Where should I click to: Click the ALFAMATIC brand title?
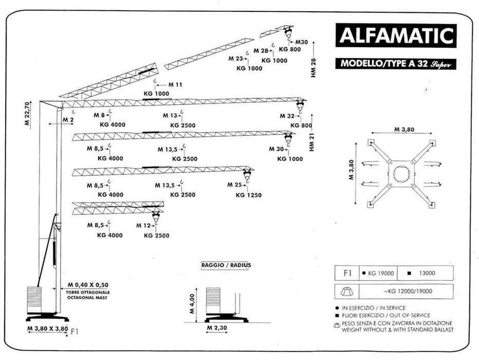point(396,36)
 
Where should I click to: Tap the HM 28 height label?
point(313,67)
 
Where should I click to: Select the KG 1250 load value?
point(249,195)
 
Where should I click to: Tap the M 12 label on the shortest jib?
point(143,226)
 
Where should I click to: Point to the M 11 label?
point(175,84)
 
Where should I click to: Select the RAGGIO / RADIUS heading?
point(226,265)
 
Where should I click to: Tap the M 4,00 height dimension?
point(192,304)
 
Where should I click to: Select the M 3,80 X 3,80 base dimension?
point(47,328)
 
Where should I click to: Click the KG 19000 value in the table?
point(380,274)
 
